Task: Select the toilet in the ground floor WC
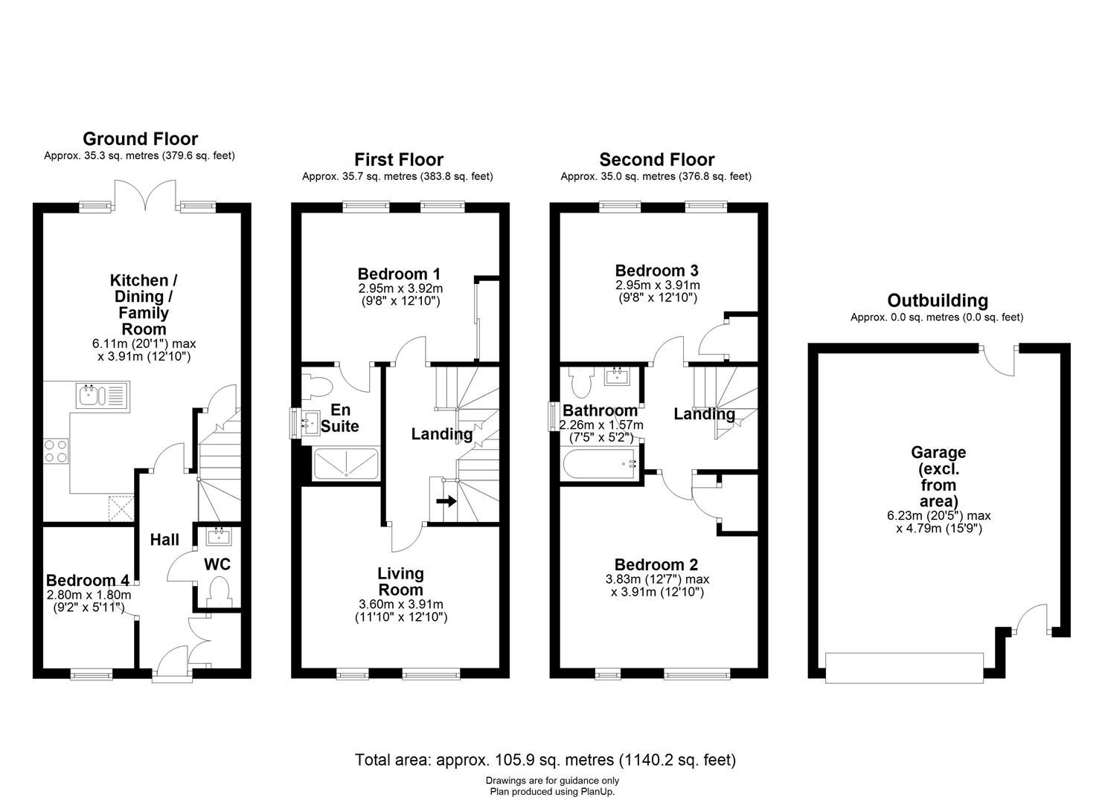(x=219, y=593)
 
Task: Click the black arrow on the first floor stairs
(x=446, y=501)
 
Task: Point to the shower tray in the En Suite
(x=346, y=463)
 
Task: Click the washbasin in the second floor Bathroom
(x=617, y=376)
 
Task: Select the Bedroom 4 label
(x=88, y=580)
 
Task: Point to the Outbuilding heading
(x=937, y=300)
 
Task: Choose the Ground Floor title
(x=140, y=138)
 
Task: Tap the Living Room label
(x=400, y=581)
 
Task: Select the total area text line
(x=545, y=760)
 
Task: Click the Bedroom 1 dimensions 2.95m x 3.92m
(x=400, y=288)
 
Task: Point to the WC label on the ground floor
(x=217, y=564)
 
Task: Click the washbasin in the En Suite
(x=309, y=425)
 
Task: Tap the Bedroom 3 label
(x=656, y=271)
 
